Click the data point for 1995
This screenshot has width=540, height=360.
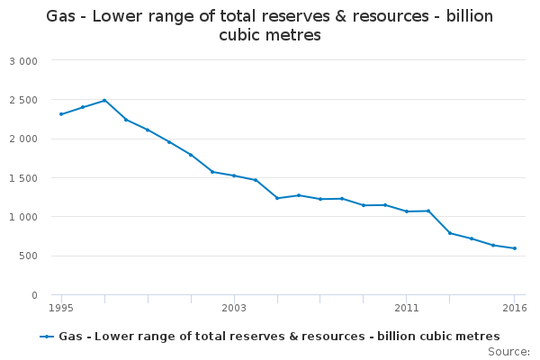(61, 114)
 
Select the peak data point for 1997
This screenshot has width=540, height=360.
(104, 101)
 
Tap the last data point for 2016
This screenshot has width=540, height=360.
(515, 248)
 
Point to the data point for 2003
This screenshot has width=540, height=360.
(234, 175)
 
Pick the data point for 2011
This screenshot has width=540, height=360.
(407, 211)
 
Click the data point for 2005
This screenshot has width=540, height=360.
(277, 198)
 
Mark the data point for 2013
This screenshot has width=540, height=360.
(450, 233)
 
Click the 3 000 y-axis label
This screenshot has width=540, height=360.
(23, 61)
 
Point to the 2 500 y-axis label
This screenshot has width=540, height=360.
(23, 100)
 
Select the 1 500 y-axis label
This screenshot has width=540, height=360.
(23, 178)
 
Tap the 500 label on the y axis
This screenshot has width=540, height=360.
(28, 256)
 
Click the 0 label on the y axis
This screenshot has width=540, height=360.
(34, 295)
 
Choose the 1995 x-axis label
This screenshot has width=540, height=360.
(61, 308)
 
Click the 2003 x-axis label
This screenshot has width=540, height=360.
(234, 308)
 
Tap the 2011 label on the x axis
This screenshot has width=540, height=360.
(407, 308)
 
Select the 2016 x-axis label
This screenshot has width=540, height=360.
(515, 308)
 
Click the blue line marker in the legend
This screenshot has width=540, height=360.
(47, 337)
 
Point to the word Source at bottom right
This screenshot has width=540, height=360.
(507, 352)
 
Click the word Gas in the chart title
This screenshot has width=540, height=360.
(60, 16)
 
